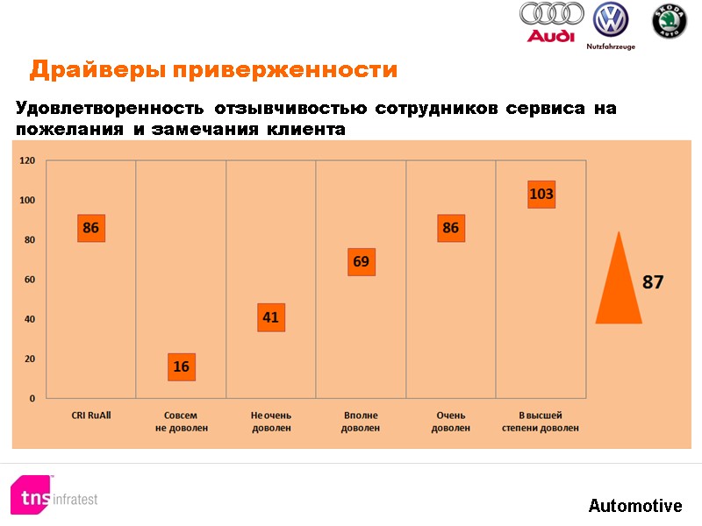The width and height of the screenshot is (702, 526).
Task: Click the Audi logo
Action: coord(551,22)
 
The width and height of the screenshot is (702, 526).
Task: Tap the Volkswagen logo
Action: coord(610,20)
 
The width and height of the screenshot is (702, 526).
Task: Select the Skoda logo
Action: coord(669,22)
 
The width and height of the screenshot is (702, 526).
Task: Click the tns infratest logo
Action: coord(54,495)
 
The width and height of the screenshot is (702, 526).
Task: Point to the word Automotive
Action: coord(635,506)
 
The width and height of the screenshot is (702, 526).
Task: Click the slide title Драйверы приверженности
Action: coord(213,69)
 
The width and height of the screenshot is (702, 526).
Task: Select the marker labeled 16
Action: coord(182,366)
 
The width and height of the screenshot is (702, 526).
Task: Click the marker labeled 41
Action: coord(270,317)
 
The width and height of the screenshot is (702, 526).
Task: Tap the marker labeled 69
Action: coord(361,261)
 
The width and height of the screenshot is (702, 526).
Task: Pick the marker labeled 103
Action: coord(541,194)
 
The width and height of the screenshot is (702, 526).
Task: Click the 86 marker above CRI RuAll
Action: coord(90,228)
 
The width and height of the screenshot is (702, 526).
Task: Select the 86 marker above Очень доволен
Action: coord(451,228)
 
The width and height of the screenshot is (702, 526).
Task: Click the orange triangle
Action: coord(619,281)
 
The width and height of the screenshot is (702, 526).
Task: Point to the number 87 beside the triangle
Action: coord(653,282)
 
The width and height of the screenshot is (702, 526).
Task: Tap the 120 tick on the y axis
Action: coord(27,160)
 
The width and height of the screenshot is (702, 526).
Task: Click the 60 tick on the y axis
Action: coord(30,280)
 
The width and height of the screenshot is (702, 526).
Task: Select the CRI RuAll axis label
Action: coord(90,414)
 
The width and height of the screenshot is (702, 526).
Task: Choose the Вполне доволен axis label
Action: coord(361,421)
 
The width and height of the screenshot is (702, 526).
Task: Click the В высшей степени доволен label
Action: coord(541,421)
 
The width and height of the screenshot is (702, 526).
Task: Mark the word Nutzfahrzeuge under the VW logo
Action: coord(611,46)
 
